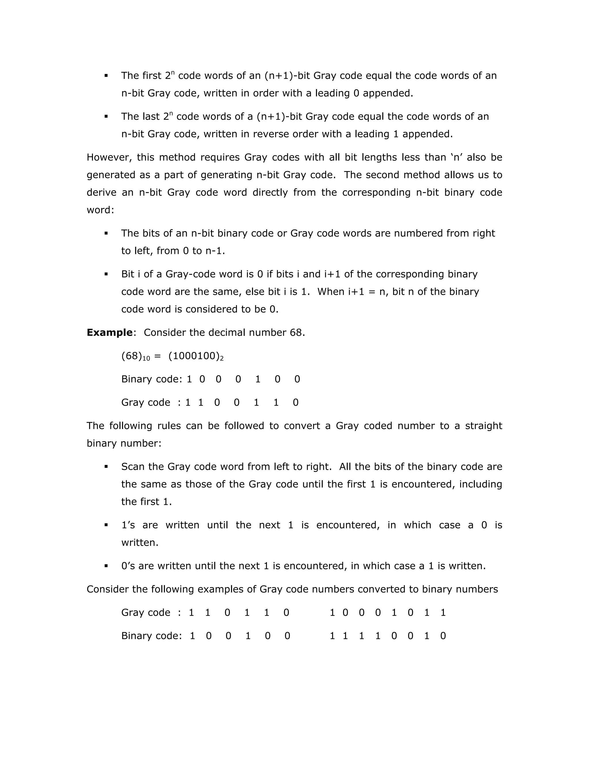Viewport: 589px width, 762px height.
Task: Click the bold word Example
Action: pyautogui.click(x=109, y=332)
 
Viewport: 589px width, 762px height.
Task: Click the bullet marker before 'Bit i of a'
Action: pyautogui.click(x=106, y=274)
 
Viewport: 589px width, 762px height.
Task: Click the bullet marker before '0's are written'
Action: pyautogui.click(x=106, y=566)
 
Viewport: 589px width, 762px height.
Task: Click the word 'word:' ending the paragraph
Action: pyautogui.click(x=100, y=210)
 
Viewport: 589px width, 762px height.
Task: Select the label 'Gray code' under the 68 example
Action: pyautogui.click(x=146, y=403)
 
